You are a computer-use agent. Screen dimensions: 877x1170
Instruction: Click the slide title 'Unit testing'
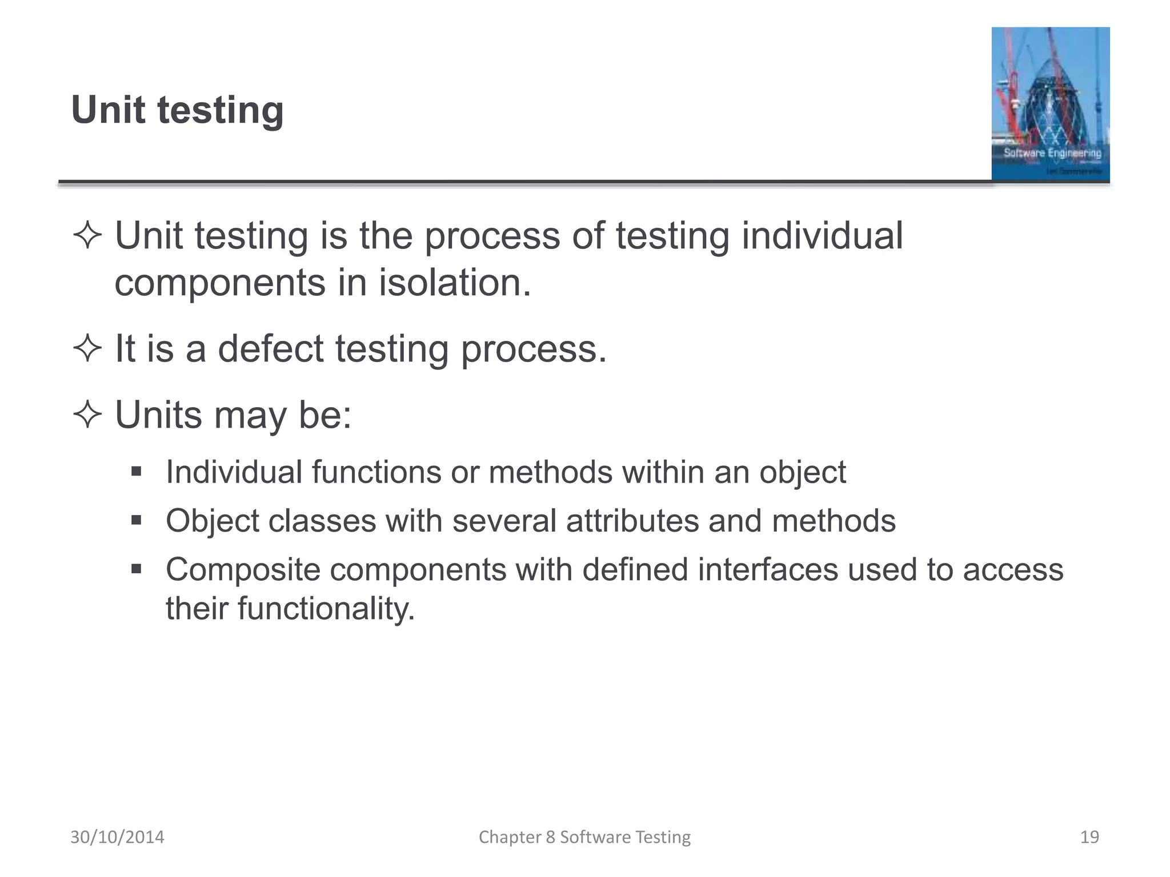click(177, 110)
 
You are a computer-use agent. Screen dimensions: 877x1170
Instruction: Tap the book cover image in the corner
click(1050, 104)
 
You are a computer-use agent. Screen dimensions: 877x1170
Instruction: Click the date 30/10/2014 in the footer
click(117, 837)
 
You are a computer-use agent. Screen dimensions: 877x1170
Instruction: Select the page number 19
click(1089, 837)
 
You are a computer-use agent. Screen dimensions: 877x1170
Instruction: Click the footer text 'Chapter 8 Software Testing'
click(584, 837)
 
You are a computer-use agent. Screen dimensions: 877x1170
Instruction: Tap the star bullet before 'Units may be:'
click(87, 415)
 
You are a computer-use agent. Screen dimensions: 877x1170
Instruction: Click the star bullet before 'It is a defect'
click(87, 348)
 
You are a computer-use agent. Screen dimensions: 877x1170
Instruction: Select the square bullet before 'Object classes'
click(136, 520)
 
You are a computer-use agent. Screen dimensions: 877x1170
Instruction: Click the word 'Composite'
click(243, 570)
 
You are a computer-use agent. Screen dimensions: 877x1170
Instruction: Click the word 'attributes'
click(632, 521)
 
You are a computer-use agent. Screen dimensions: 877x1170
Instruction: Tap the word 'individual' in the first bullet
click(822, 235)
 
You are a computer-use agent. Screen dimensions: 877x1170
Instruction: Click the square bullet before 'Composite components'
click(136, 569)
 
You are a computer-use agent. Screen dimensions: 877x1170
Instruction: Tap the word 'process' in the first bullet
click(492, 236)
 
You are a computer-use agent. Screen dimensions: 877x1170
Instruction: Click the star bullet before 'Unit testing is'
click(87, 235)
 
